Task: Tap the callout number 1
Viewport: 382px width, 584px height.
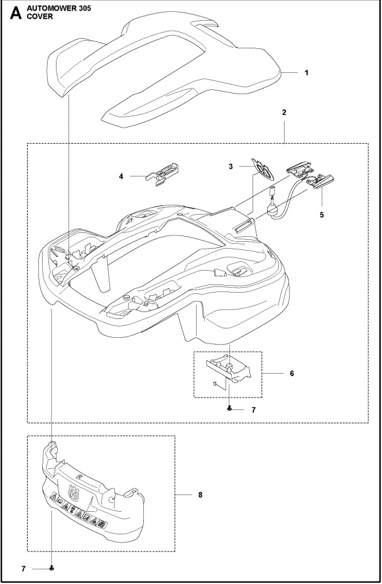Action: point(306,73)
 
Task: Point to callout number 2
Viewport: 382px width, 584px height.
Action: point(285,112)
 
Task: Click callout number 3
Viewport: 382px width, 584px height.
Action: point(231,166)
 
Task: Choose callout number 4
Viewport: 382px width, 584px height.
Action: point(121,177)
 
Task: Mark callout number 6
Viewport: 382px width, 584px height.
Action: point(291,373)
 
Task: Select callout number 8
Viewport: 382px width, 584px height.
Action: point(200,495)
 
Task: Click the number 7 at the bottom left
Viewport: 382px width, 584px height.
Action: point(23,568)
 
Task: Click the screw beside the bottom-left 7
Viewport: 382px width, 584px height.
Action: point(52,568)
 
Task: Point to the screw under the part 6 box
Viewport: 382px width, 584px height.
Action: point(231,409)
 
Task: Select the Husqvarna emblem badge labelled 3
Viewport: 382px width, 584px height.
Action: point(261,168)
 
